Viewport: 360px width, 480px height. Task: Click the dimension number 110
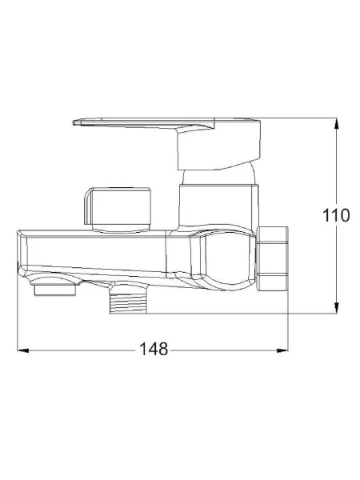336,215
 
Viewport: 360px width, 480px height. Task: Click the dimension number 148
154,349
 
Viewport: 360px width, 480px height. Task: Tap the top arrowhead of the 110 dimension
337,122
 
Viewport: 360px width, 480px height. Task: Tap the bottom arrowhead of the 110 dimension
337,308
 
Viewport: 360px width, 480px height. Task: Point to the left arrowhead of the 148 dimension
23,350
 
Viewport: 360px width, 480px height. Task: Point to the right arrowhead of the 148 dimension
282,350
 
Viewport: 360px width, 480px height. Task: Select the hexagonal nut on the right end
273,258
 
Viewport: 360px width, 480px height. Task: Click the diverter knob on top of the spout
118,206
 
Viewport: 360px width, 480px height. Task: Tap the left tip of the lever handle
74,122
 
